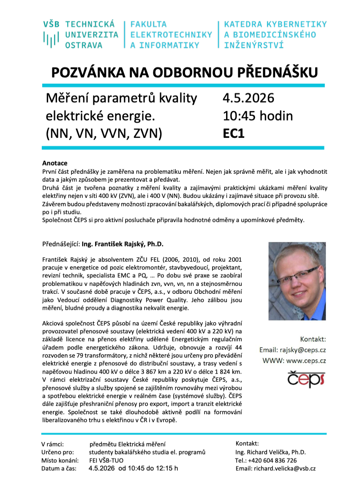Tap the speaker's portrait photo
(x=297, y=281)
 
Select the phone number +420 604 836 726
(x=272, y=460)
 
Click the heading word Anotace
(x=55, y=163)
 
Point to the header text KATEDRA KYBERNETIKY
(x=275, y=24)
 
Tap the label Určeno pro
(x=58, y=452)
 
